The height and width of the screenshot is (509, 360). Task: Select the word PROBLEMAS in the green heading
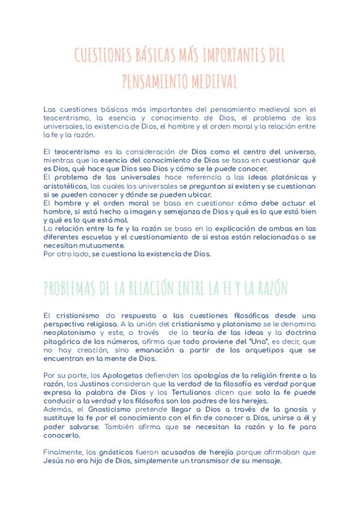tap(73, 288)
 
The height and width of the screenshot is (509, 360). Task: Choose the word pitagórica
tap(64, 342)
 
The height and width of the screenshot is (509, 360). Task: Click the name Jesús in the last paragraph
tap(54, 460)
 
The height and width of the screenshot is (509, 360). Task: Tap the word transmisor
tap(204, 460)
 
